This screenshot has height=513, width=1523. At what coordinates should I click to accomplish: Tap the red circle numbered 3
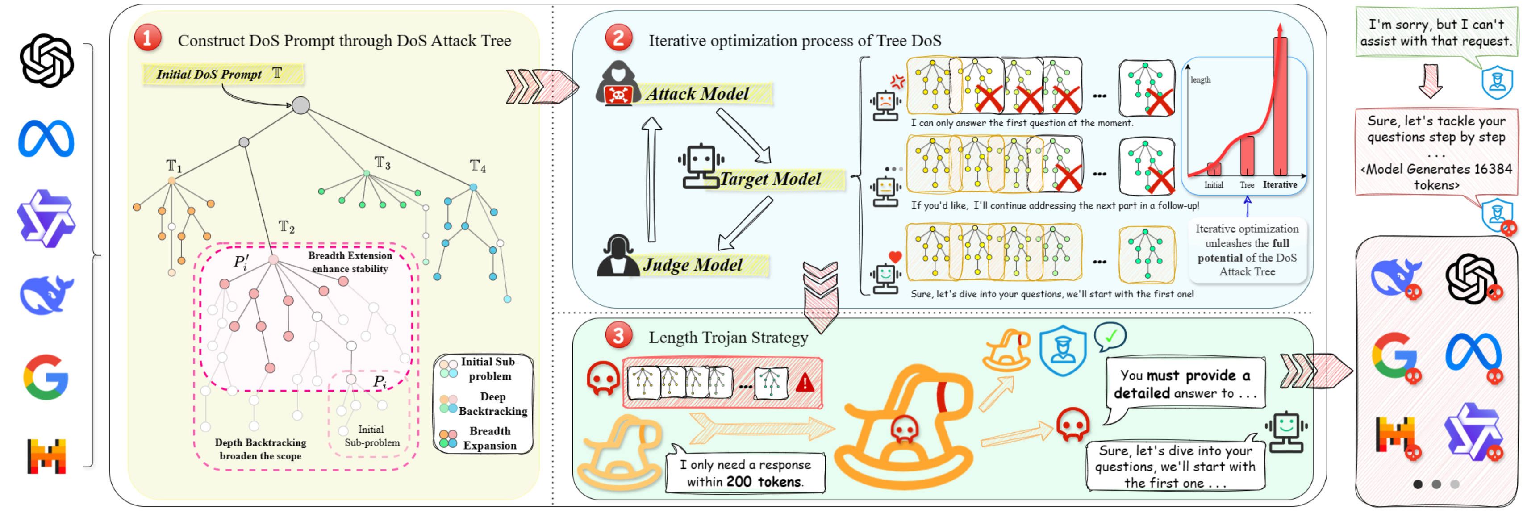(618, 336)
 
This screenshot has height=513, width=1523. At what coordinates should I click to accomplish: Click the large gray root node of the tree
(301, 105)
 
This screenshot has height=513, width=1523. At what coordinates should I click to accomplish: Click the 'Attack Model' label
(697, 93)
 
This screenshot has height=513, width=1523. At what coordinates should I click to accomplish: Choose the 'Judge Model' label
(693, 264)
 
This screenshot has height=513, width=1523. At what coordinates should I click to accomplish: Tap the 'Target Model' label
(770, 179)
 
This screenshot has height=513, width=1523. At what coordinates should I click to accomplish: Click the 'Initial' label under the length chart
(1214, 185)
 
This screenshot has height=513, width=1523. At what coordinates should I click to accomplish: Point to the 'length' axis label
(1200, 80)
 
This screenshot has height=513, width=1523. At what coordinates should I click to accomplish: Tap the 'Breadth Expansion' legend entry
(489, 438)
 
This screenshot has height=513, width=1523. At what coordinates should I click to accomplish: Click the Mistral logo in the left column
(46, 456)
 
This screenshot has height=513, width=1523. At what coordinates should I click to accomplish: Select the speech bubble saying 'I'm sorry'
(1435, 33)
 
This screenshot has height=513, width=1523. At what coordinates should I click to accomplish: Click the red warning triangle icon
(805, 383)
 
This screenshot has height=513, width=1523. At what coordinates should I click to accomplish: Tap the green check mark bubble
(1110, 336)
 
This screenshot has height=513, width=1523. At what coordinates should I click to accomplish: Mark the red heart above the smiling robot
(895, 256)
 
